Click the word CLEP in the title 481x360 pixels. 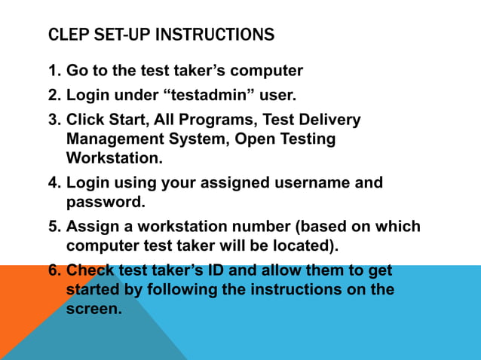[63, 35]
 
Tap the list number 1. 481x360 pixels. [53, 72]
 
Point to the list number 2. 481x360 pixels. [53, 96]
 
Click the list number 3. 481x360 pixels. [53, 120]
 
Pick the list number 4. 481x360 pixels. [53, 182]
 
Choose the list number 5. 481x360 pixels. [53, 227]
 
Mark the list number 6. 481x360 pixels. [53, 270]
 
